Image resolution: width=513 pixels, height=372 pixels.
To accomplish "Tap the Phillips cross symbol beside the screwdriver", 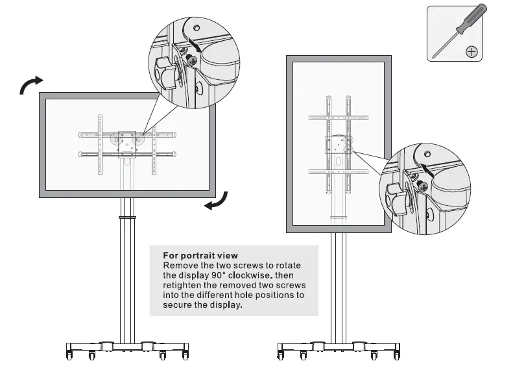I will click(471, 51).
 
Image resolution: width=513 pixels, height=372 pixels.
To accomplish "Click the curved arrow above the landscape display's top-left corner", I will click(30, 84).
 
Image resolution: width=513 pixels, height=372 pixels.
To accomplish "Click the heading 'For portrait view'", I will click(200, 256).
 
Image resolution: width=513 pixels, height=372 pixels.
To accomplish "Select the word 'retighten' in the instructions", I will click(183, 285).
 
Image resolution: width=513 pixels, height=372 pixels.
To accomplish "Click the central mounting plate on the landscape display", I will click(127, 143).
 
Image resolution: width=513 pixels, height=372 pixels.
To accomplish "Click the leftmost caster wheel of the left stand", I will click(69, 356).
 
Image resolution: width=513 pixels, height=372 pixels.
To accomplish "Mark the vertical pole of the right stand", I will click(337, 286).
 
